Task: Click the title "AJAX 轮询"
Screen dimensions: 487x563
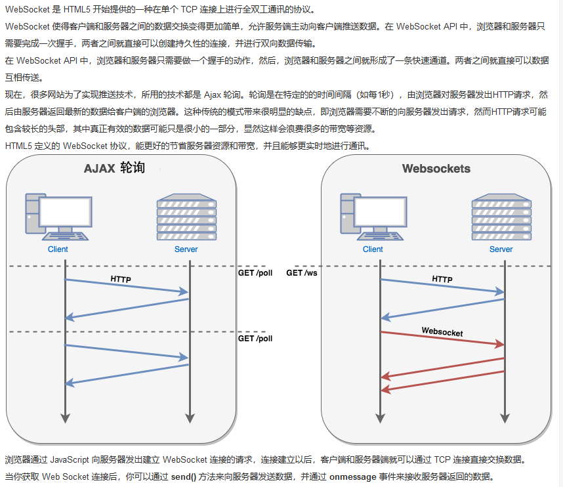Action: point(114,169)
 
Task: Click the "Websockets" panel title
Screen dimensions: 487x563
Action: point(436,169)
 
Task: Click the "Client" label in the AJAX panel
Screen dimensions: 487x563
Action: point(58,249)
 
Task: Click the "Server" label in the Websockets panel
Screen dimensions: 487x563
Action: point(501,249)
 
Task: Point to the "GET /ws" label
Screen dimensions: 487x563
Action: point(301,272)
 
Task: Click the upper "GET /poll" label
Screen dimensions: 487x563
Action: point(255,272)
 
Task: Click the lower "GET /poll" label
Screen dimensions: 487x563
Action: point(255,339)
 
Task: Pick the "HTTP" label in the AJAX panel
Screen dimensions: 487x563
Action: point(121,279)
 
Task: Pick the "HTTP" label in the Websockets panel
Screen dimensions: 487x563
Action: point(442,279)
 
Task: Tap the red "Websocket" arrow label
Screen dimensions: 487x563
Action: point(442,332)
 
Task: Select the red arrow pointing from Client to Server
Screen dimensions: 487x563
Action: point(442,338)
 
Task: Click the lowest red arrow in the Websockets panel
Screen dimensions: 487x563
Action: point(442,381)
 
